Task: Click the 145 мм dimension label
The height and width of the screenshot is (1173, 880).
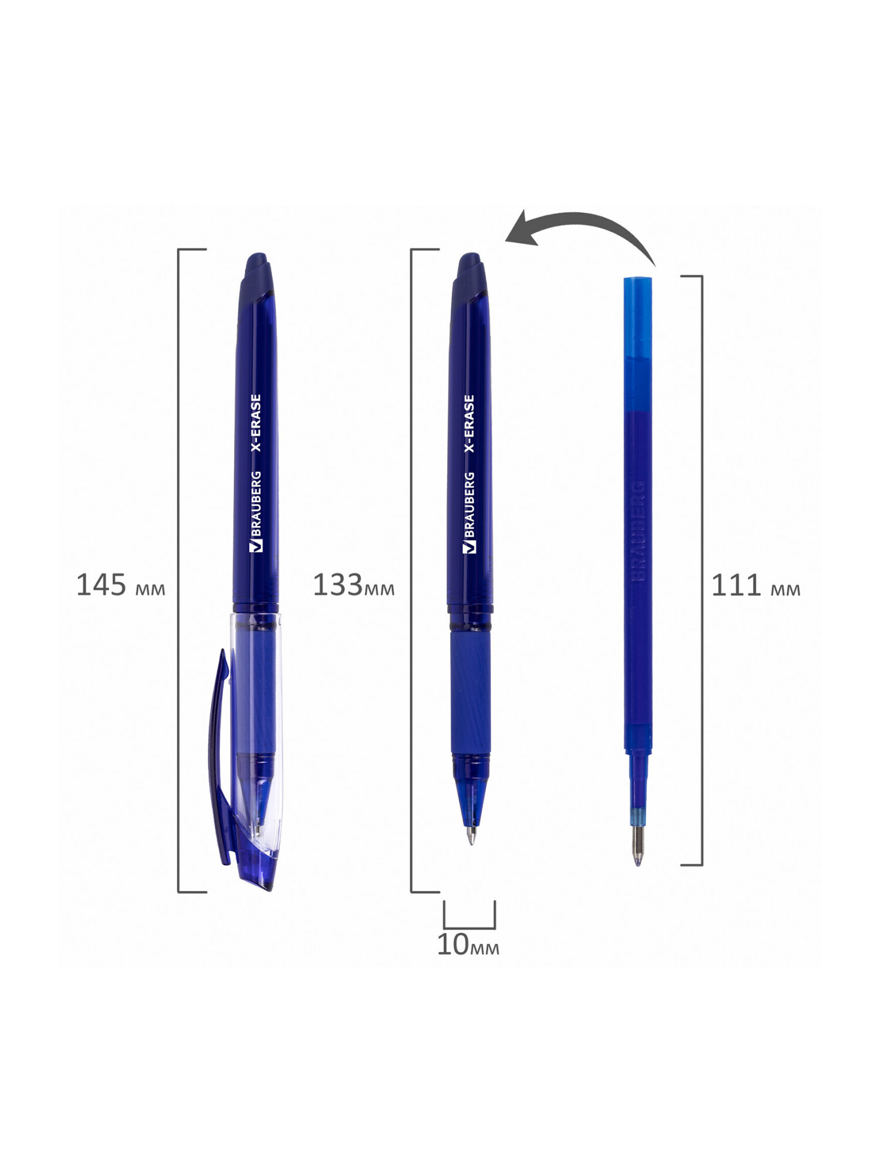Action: coord(121,585)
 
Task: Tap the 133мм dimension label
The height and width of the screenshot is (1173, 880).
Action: coord(353,585)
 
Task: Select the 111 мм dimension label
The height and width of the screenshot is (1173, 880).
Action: coord(756,585)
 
